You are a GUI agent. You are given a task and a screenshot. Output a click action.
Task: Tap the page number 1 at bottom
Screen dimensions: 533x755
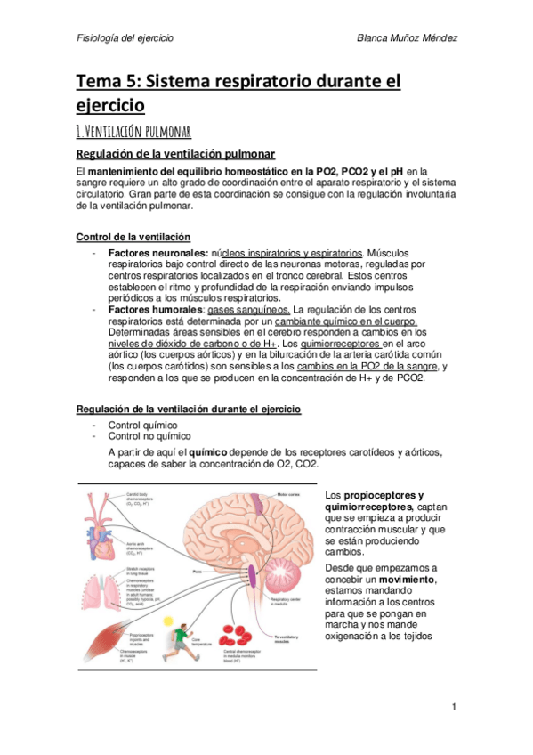coord(453,707)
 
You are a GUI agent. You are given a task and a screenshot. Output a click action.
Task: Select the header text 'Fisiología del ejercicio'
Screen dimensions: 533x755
coord(125,39)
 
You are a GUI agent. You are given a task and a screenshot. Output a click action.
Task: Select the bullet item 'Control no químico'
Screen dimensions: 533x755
coord(149,436)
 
